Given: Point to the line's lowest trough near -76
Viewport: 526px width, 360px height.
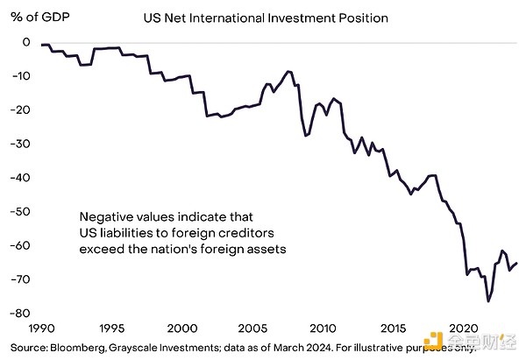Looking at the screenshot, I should point(488,300).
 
